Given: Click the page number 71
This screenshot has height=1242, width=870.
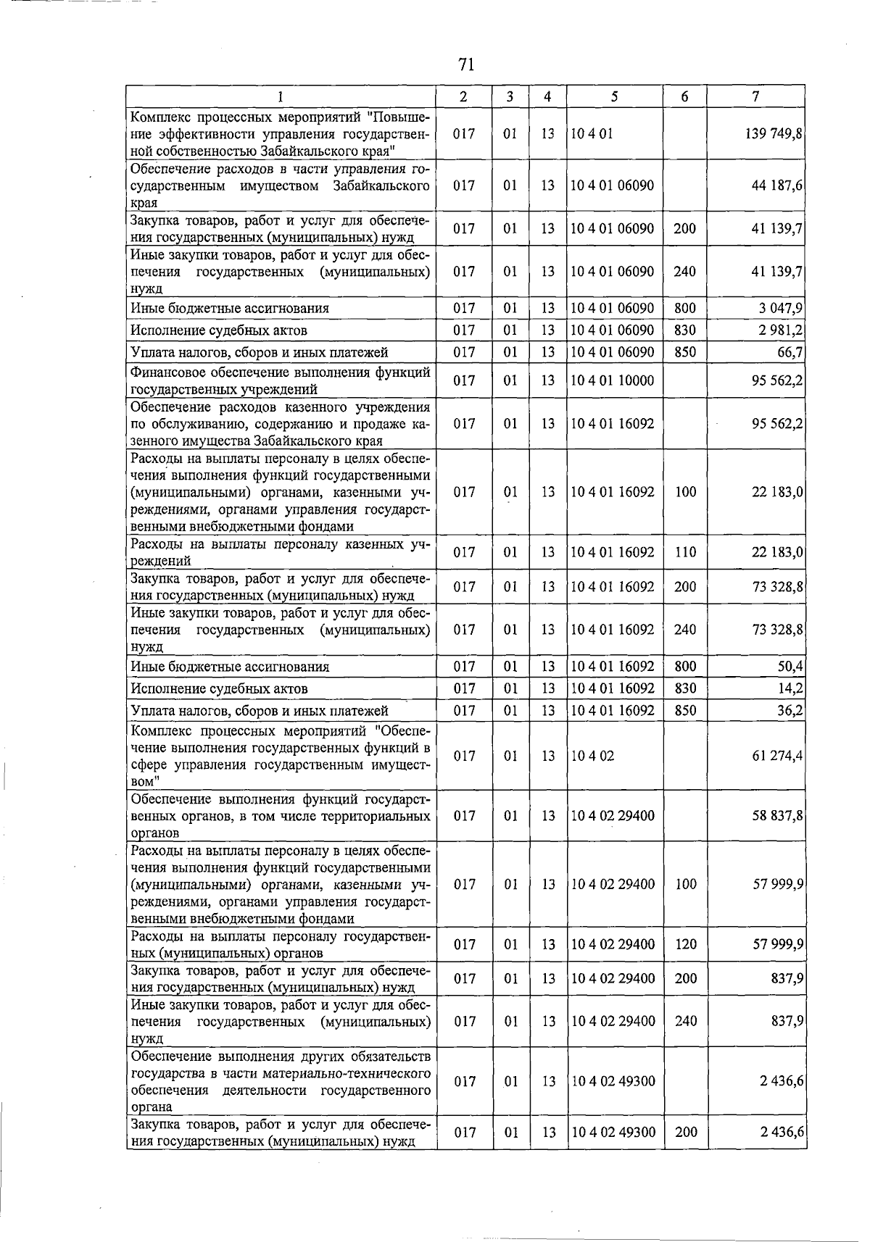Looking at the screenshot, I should [466, 64].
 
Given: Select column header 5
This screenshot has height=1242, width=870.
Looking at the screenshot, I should [614, 96].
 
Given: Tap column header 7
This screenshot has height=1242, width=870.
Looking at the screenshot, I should [755, 96].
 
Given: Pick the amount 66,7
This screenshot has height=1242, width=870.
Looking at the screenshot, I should [789, 352].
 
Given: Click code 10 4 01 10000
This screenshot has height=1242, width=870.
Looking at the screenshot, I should [612, 380].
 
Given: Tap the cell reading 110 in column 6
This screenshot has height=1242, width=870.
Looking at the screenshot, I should [685, 552].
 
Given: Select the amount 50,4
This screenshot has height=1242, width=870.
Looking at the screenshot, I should [789, 667].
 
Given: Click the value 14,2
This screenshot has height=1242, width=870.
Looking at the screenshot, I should [789, 688].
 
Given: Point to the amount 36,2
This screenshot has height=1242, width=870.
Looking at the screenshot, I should [789, 711].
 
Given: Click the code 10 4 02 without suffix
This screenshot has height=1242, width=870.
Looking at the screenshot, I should [592, 756].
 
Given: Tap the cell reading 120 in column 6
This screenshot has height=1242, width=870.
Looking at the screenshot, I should [685, 945].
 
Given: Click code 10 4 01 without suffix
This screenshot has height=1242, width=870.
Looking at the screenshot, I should [592, 134].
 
